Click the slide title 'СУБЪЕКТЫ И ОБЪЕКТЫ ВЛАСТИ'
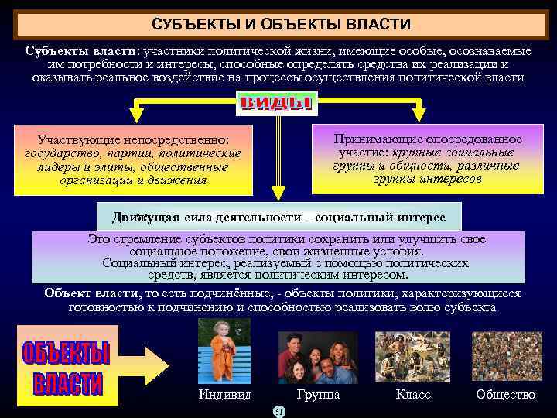pyautogui.click(x=281, y=26)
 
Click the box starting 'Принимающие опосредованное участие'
pyautogui.click(x=427, y=158)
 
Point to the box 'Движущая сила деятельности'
pyautogui.click(x=278, y=215)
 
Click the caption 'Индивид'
pyautogui.click(x=225, y=395)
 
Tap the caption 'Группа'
pyautogui.click(x=318, y=395)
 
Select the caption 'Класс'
pyautogui.click(x=413, y=395)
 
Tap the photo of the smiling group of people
pyautogui.click(x=318, y=357)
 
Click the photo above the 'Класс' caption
pyautogui.click(x=412, y=356)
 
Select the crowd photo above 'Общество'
pyautogui.click(x=507, y=356)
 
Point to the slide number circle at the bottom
pyautogui.click(x=279, y=411)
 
